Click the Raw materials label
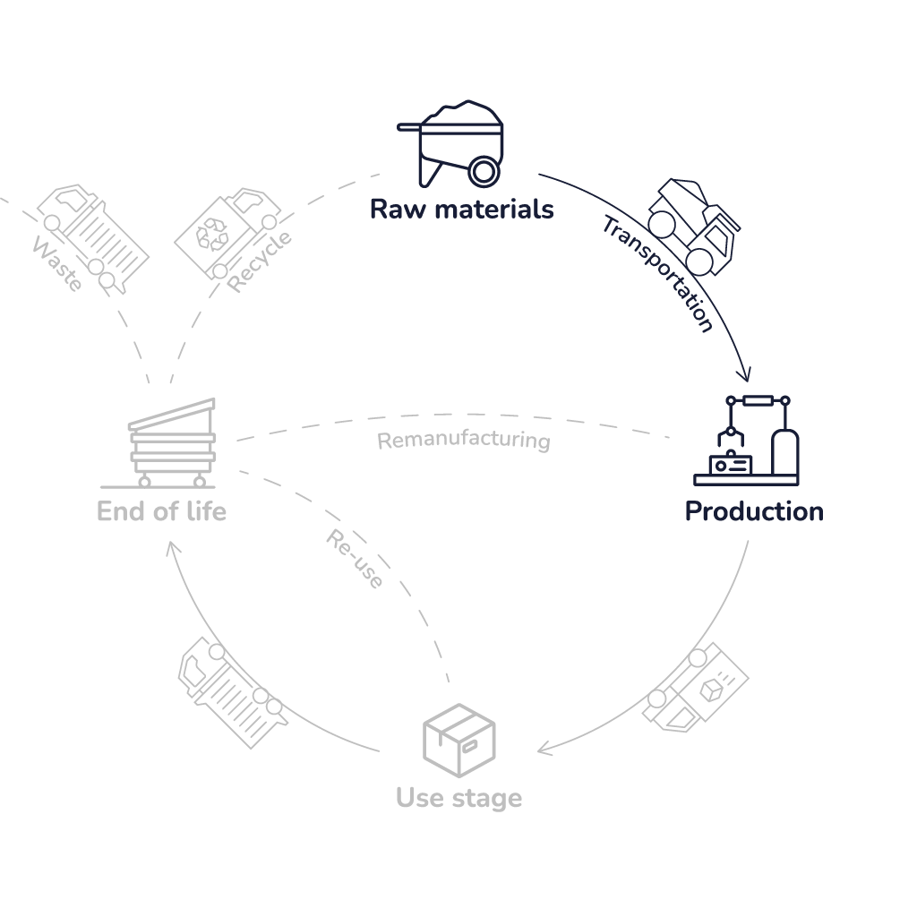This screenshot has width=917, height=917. tap(461, 210)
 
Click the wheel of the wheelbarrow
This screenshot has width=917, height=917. tap(484, 170)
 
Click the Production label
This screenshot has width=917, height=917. tap(754, 511)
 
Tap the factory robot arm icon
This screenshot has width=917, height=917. tap(748, 441)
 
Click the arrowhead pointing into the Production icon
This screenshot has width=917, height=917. tap(743, 373)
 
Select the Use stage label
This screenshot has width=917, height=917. tap(458, 797)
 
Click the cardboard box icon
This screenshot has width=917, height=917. tap(458, 740)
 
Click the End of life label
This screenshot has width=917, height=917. tap(161, 511)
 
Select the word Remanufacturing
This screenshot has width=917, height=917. tap(463, 441)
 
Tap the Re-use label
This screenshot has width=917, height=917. tap(355, 560)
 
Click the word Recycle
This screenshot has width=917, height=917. tap(260, 262)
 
